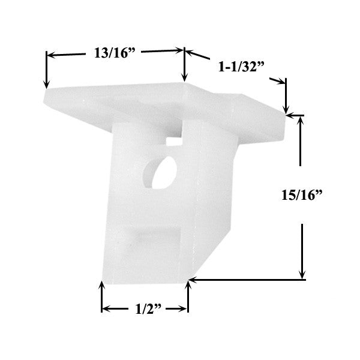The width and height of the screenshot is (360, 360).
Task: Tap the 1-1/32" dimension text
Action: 238,67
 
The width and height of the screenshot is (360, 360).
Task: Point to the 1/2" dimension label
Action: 146,310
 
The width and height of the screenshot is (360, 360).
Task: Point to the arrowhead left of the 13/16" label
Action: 50,55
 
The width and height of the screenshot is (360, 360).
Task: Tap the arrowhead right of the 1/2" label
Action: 184,310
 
